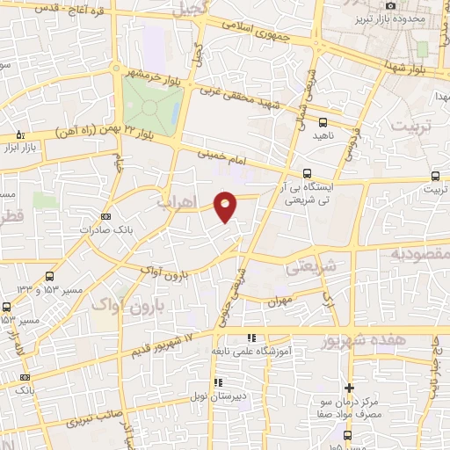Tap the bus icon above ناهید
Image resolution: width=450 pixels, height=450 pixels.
click(x=323, y=123)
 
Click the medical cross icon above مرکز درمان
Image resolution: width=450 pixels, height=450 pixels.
click(x=349, y=388)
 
